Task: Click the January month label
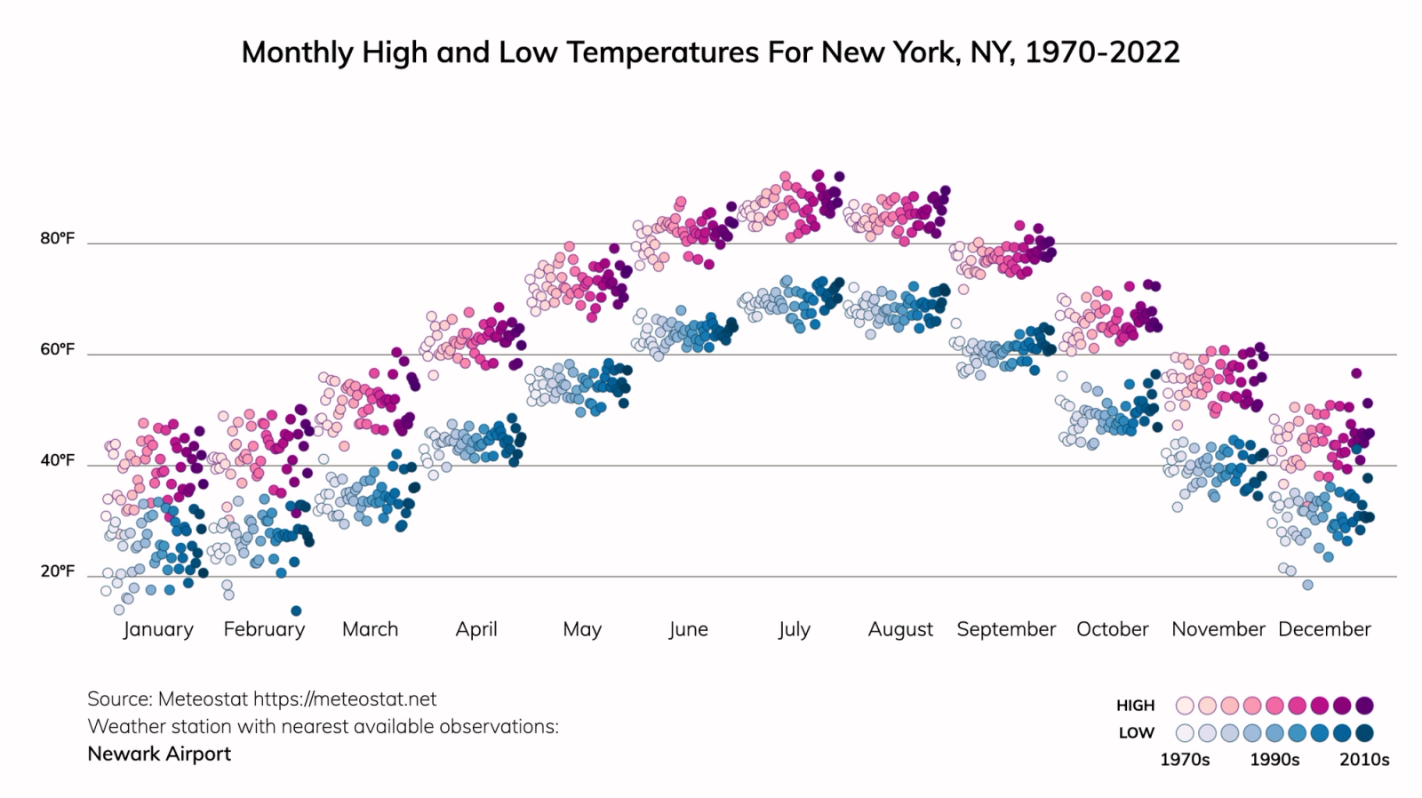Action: [x=158, y=629]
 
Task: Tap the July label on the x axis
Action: [x=794, y=629]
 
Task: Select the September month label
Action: [x=1006, y=629]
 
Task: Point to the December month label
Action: [x=1324, y=629]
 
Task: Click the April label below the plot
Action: [x=476, y=629]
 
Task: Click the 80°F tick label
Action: [x=58, y=238]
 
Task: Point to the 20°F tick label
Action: [x=58, y=571]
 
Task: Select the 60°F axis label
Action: [x=58, y=349]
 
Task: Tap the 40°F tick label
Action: [x=58, y=460]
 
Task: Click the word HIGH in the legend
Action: [x=1135, y=706]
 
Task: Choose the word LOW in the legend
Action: [x=1136, y=733]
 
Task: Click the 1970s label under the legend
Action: [x=1185, y=760]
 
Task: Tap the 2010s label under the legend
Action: [x=1364, y=760]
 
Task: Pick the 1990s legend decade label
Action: [x=1274, y=760]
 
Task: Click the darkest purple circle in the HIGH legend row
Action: [x=1364, y=706]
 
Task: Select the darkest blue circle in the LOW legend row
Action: [x=1364, y=733]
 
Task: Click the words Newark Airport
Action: [x=159, y=754]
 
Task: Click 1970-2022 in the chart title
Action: [x=1102, y=52]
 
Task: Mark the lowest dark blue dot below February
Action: [x=296, y=610]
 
